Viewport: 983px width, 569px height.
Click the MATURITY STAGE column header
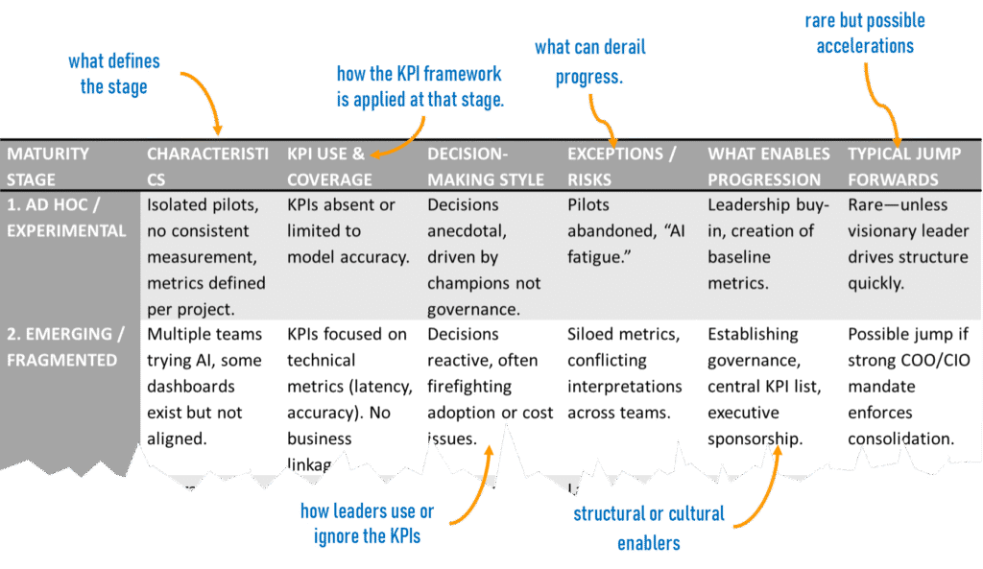[49, 166]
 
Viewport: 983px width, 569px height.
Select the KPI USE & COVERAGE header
[329, 166]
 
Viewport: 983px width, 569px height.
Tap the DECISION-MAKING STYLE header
[486, 166]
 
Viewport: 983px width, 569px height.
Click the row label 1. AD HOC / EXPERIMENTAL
[67, 218]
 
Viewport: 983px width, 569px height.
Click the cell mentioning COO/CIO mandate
[901, 387]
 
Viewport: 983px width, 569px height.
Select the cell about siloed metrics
[625, 373]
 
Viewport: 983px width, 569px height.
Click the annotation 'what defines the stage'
[113, 74]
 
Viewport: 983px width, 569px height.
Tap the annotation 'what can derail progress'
[590, 62]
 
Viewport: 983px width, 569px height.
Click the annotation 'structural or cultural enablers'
[648, 528]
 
